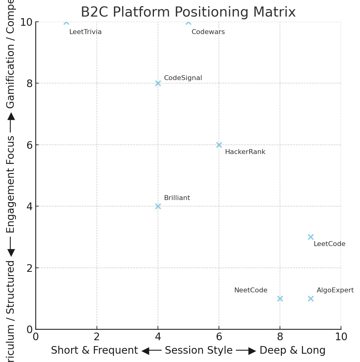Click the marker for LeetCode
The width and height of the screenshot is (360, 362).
311,237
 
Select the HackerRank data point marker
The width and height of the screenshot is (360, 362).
219,145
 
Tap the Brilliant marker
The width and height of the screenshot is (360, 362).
158,206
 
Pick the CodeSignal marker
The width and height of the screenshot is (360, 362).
158,83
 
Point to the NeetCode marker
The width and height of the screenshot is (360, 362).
280,298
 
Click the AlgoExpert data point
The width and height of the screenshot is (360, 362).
311,298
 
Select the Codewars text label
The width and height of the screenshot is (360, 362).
208,32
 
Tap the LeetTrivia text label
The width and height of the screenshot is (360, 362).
85,32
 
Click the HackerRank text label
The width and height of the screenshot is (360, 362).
245,152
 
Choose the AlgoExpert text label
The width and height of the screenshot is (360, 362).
335,290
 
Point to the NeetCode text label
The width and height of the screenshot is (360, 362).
251,290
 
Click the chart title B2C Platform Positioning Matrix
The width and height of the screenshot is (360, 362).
188,12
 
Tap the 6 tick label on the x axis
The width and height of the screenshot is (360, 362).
219,337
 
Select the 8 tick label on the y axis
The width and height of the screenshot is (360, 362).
30,83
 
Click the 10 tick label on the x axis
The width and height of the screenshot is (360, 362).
341,337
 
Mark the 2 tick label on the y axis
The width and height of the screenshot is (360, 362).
30,268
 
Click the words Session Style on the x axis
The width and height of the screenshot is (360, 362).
199,350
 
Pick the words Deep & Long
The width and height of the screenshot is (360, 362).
293,350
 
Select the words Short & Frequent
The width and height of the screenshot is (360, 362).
94,350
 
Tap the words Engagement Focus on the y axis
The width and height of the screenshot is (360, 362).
10,184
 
